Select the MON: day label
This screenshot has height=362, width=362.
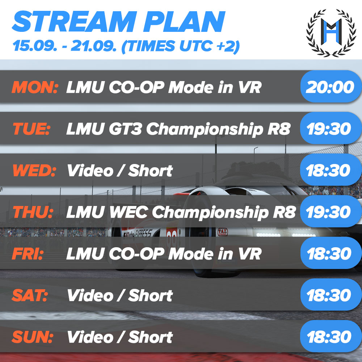click(x=35, y=87)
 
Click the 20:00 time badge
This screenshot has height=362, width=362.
click(x=329, y=87)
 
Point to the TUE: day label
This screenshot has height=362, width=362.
click(x=31, y=129)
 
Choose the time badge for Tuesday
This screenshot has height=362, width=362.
click(x=329, y=129)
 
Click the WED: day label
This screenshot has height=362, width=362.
click(x=34, y=171)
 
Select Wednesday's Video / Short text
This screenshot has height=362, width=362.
click(x=120, y=171)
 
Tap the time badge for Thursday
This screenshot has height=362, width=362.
click(x=329, y=212)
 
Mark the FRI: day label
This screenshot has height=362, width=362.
click(x=28, y=254)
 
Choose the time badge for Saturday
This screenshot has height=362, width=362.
click(x=329, y=295)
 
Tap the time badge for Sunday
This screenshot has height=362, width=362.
click(x=329, y=337)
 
